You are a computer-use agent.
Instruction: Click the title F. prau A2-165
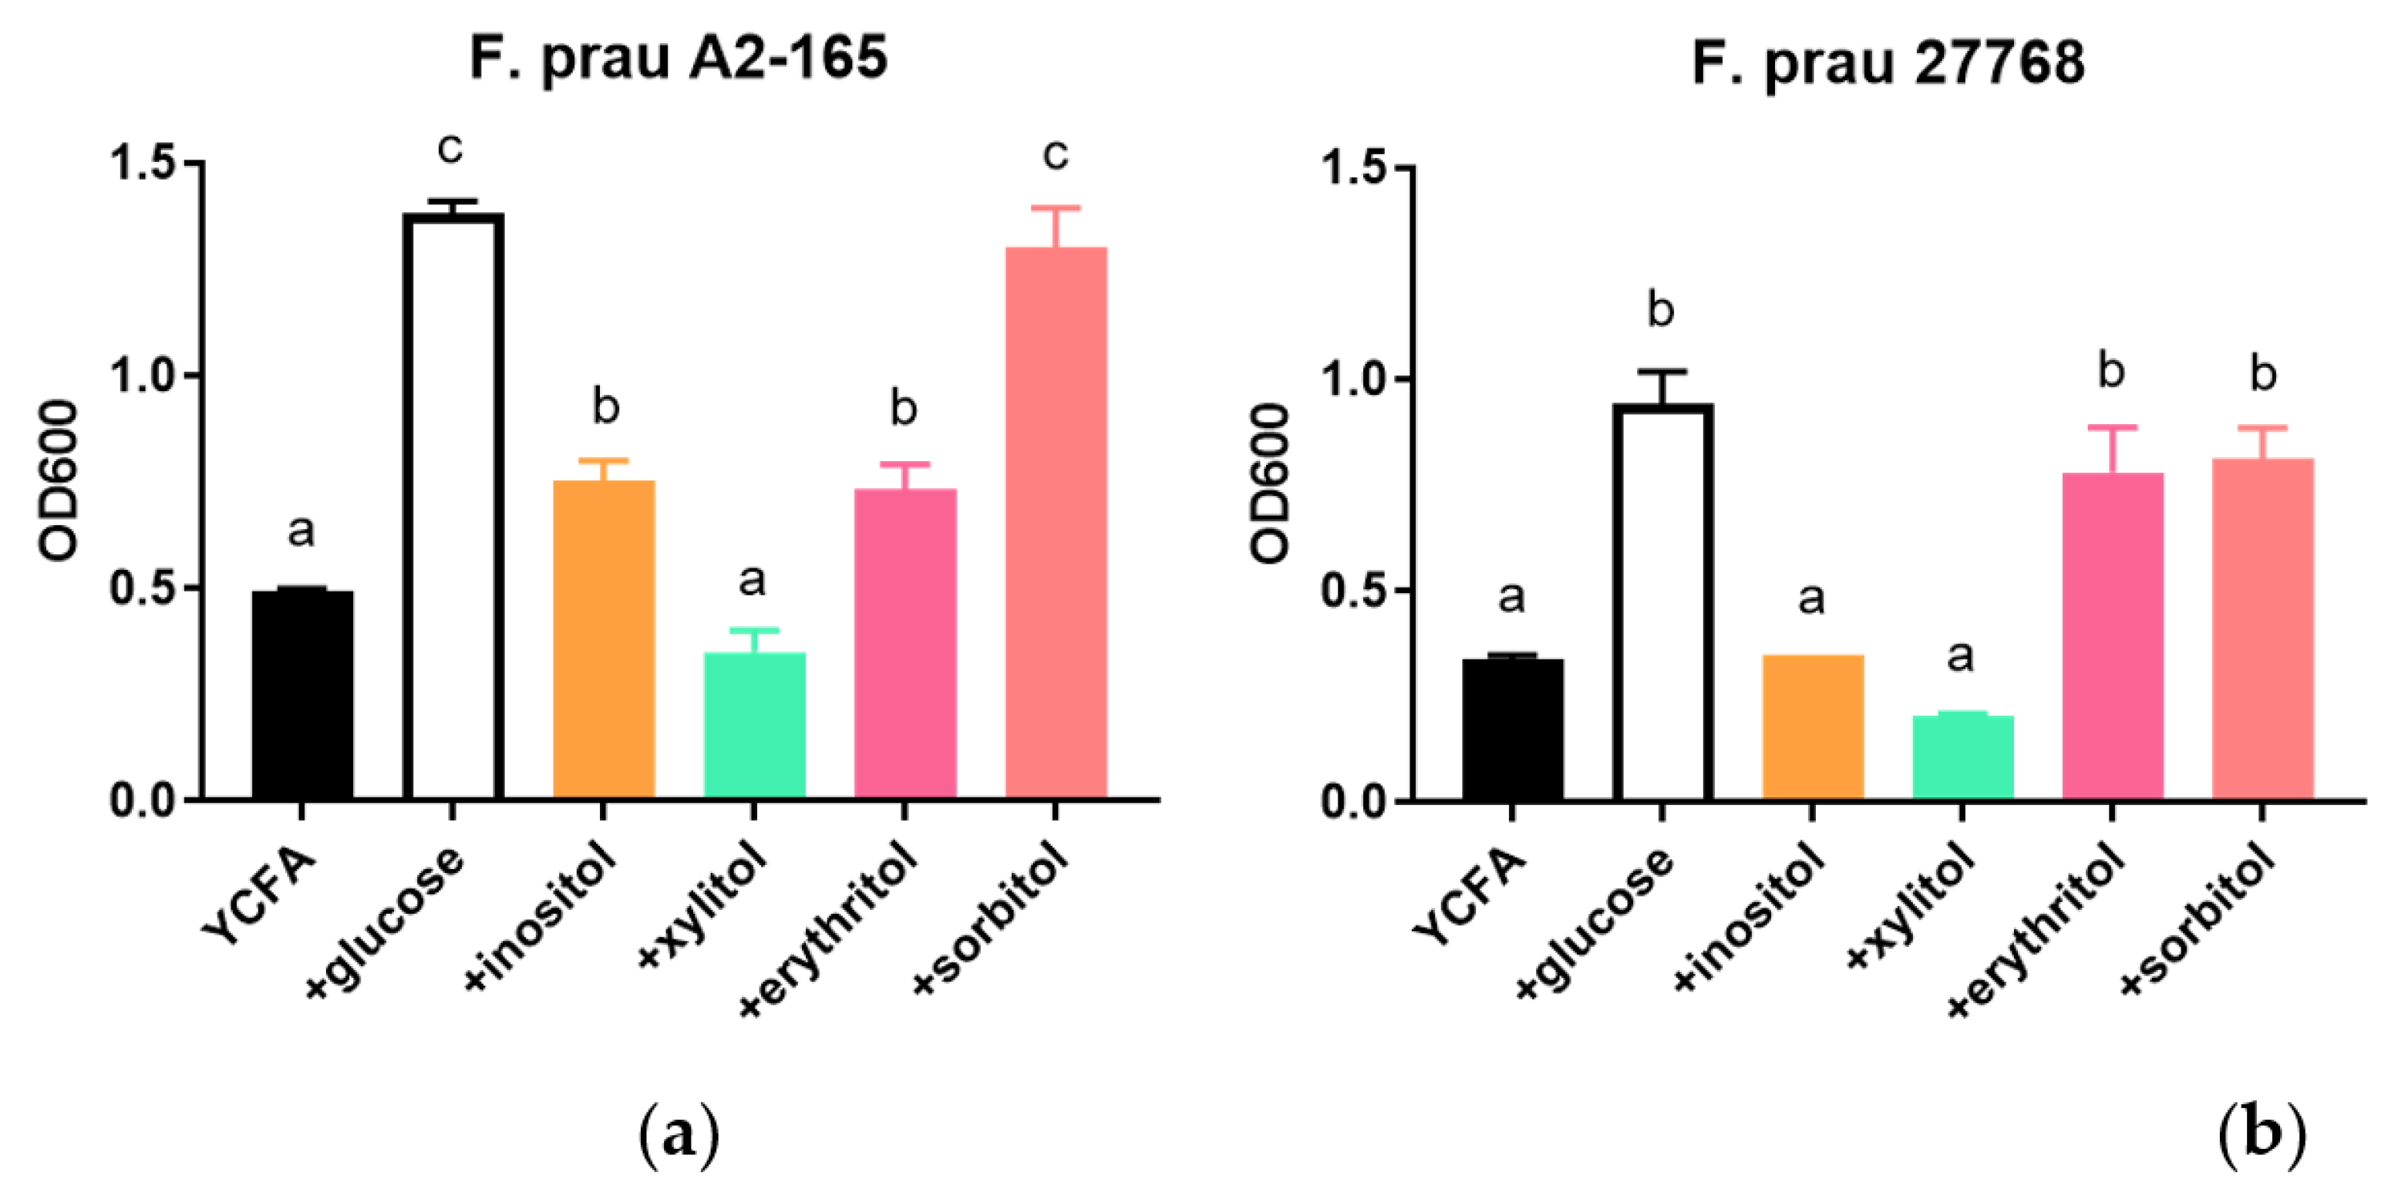point(679,58)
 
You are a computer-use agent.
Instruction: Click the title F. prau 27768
point(1888,63)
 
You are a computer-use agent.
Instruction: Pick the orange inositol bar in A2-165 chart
point(604,640)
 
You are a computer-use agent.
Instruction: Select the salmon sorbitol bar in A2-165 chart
point(1056,524)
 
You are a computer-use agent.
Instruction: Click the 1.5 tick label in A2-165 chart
point(143,163)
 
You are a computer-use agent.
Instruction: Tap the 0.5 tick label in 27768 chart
point(1353,591)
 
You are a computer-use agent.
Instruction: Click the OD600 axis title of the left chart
point(58,480)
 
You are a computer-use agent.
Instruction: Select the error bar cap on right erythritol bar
point(2113,427)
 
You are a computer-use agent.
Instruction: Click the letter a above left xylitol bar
point(752,581)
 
